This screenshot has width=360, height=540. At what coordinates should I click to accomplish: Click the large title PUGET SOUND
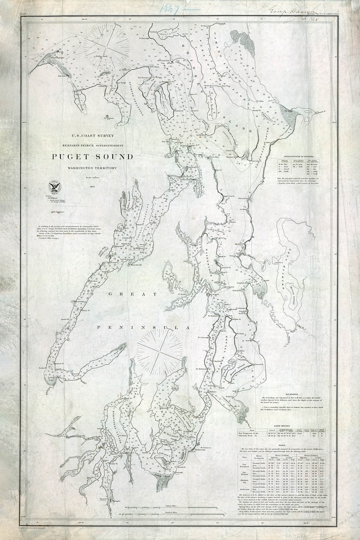click(92, 157)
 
